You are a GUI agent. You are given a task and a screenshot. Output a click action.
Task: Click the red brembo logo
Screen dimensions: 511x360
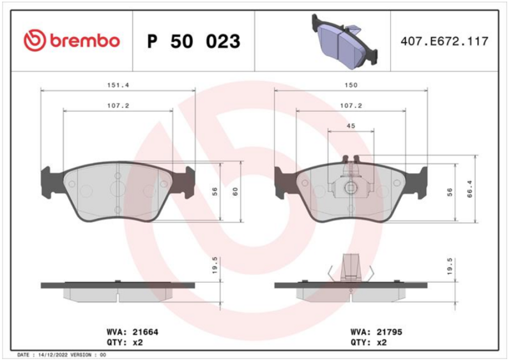point(72,40)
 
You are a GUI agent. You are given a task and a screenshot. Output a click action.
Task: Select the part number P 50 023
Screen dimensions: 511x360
point(194,41)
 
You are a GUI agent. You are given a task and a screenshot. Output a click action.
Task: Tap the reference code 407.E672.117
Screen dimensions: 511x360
point(445,41)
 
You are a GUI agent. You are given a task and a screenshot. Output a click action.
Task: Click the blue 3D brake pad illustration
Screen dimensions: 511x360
point(344,41)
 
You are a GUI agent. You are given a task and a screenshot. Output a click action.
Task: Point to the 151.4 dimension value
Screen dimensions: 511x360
point(118,85)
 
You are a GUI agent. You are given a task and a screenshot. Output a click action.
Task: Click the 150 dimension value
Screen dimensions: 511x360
point(351,85)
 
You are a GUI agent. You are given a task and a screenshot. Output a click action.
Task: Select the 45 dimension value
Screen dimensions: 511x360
point(351,126)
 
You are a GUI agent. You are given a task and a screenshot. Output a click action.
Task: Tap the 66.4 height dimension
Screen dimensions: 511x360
point(469,189)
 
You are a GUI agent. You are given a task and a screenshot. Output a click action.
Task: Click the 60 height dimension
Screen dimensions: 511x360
point(235,191)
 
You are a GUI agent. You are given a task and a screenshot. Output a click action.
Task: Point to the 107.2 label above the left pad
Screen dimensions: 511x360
point(118,105)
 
